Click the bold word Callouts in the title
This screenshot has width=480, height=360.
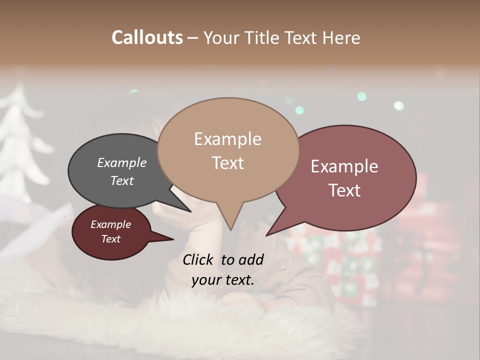point(147,37)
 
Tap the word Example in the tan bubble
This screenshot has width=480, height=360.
point(227,139)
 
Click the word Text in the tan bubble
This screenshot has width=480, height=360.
point(227,163)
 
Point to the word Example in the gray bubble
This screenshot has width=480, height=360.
point(122,163)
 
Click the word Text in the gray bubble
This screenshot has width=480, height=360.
point(122,180)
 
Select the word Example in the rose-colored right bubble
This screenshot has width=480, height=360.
point(344,166)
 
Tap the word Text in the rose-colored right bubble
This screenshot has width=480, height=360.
point(344,190)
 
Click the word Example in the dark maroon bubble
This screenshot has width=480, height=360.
point(110,224)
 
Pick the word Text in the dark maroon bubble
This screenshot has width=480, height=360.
point(110,239)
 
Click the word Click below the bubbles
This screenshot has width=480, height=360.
point(198,259)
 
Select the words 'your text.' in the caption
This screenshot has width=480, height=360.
point(223,280)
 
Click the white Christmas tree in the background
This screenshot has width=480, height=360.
point(22,145)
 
